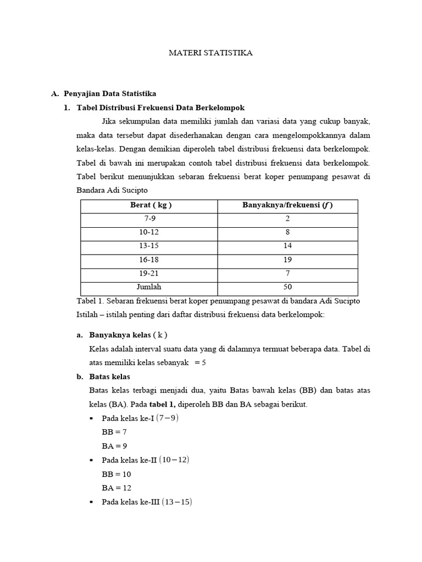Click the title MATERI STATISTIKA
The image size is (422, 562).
click(x=210, y=53)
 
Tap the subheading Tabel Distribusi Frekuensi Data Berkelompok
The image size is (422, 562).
click(x=160, y=108)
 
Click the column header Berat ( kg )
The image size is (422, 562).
click(x=150, y=205)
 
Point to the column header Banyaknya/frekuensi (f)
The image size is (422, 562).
click(x=288, y=205)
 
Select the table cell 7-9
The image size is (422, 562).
click(x=150, y=219)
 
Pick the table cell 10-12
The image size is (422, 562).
click(x=150, y=233)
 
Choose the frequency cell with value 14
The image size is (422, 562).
click(x=288, y=246)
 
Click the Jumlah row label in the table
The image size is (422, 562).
click(x=150, y=287)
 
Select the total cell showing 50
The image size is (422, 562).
click(x=288, y=287)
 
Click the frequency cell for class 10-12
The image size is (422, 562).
click(x=288, y=233)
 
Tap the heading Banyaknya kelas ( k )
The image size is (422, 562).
click(x=128, y=335)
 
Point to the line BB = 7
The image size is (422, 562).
click(x=114, y=432)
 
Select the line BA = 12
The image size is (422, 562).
click(x=116, y=487)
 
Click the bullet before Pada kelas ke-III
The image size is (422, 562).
click(x=91, y=502)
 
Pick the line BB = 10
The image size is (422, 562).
click(x=116, y=474)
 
